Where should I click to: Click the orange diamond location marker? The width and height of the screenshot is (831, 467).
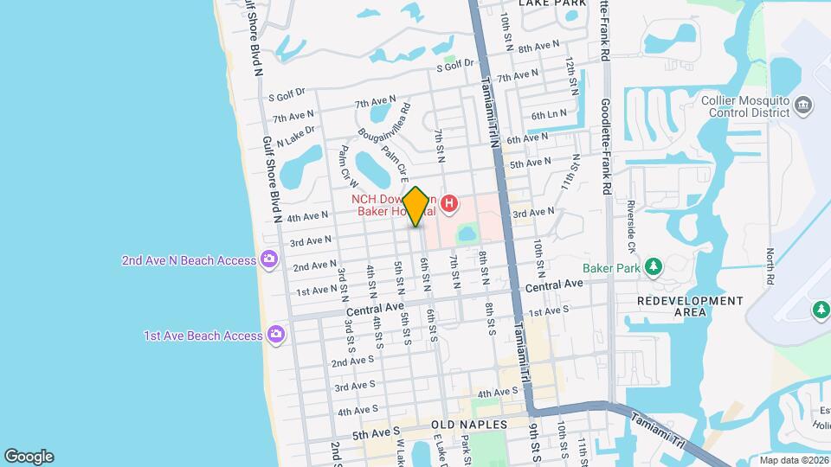pos(416,207)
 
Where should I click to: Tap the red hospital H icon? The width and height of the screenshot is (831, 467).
pos(449,204)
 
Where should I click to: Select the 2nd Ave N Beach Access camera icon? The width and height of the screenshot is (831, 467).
pos(269,259)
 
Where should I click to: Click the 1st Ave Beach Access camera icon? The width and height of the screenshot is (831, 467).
pos(276,335)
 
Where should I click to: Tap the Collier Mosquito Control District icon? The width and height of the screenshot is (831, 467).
pos(803,106)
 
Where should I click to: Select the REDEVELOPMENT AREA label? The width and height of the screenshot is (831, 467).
pos(690,306)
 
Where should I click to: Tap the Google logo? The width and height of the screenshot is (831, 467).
pos(29,457)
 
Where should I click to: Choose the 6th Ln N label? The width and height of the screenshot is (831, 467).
pos(549,114)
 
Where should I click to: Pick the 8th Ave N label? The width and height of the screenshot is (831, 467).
pos(538,47)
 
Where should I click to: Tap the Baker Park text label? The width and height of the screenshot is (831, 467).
pos(610,267)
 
